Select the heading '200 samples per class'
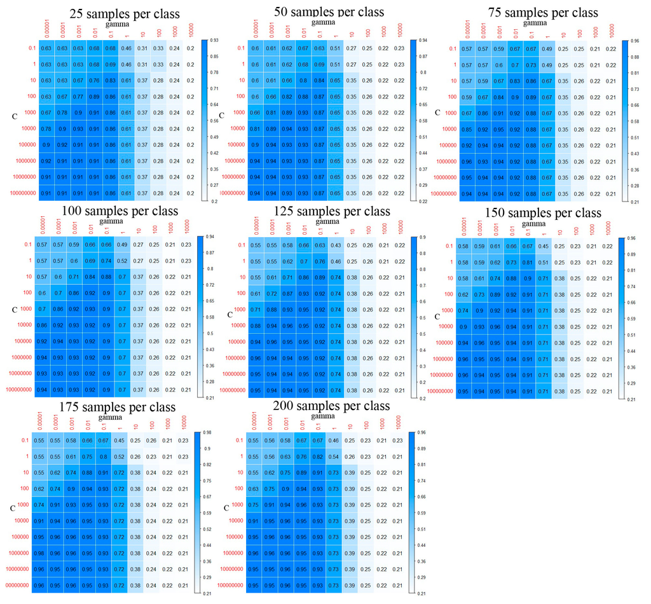point(331,405)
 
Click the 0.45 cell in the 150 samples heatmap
point(544,247)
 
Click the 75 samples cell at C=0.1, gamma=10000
point(610,48)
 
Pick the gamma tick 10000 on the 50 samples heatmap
point(399,30)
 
